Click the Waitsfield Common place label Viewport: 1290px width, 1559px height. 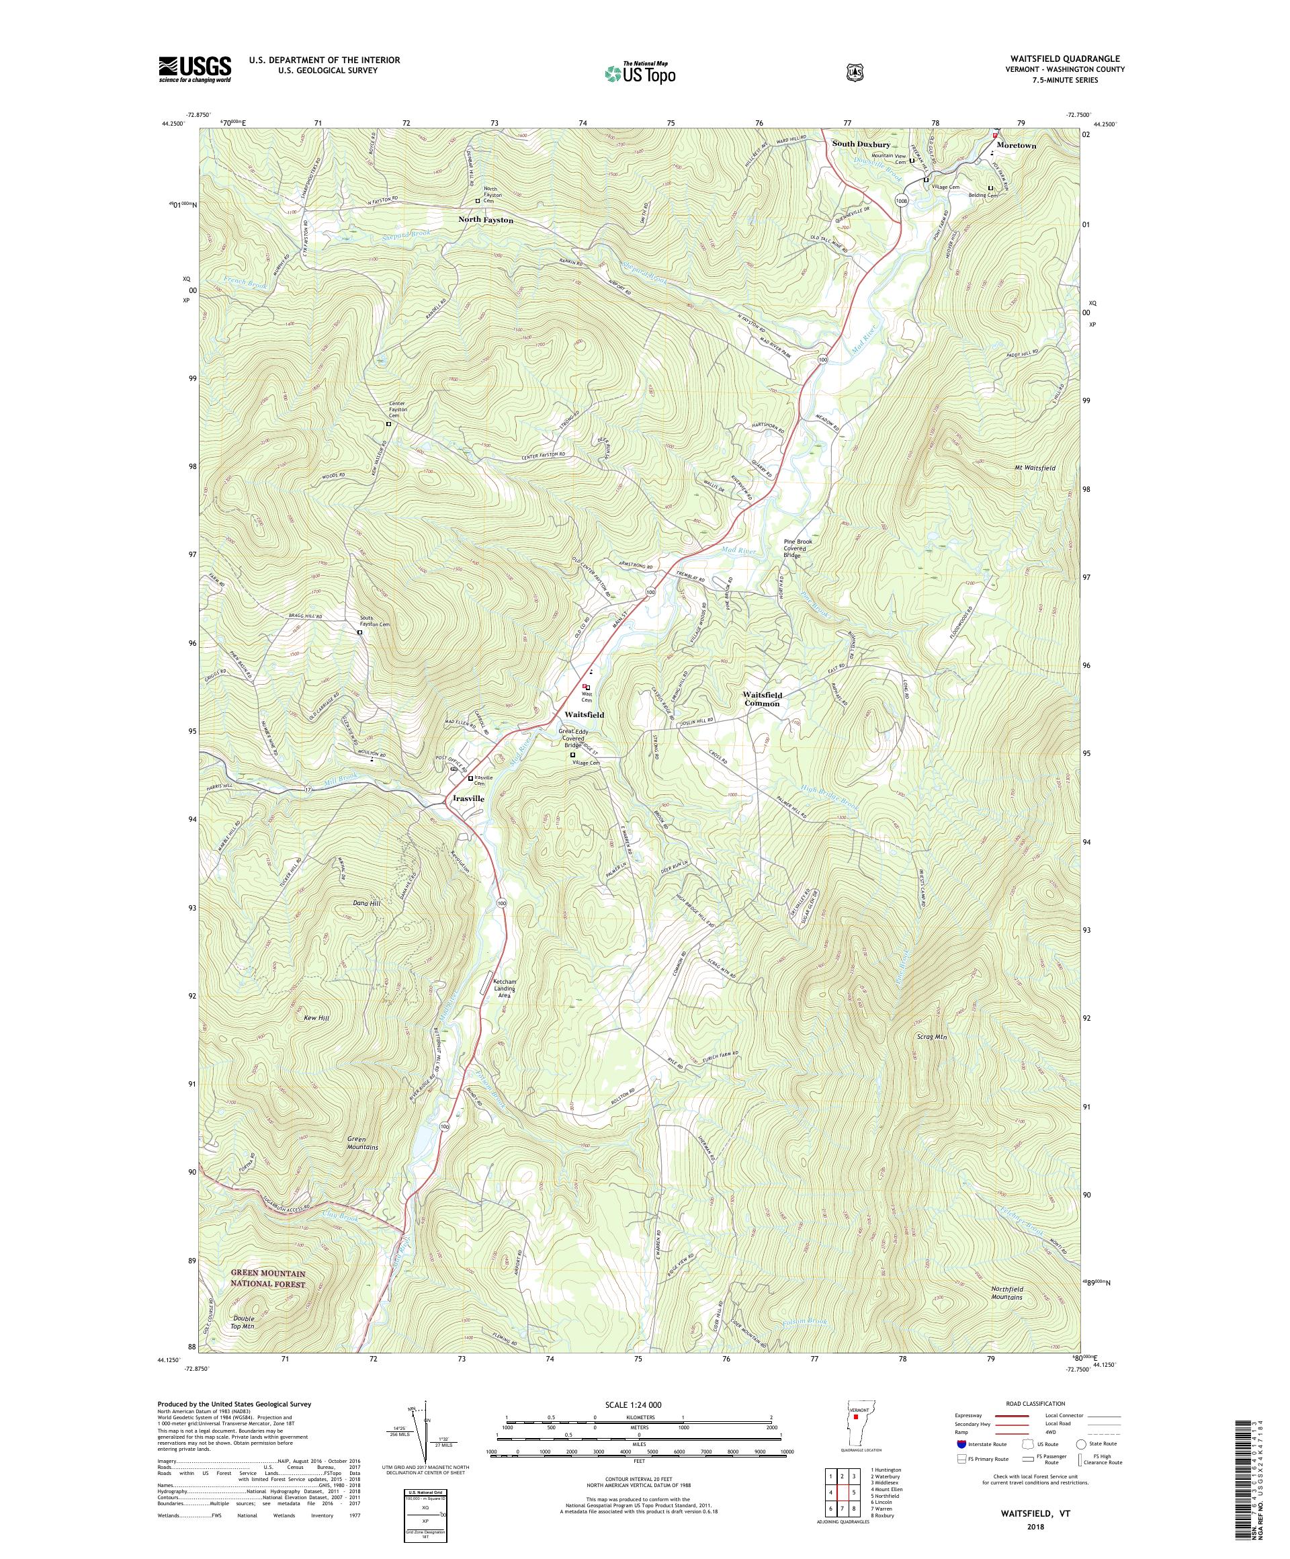763,700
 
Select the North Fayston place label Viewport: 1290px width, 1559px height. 485,220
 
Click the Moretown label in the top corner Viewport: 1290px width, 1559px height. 1016,146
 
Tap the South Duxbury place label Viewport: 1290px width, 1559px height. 861,144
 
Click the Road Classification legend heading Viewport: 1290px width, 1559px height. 1035,1404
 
